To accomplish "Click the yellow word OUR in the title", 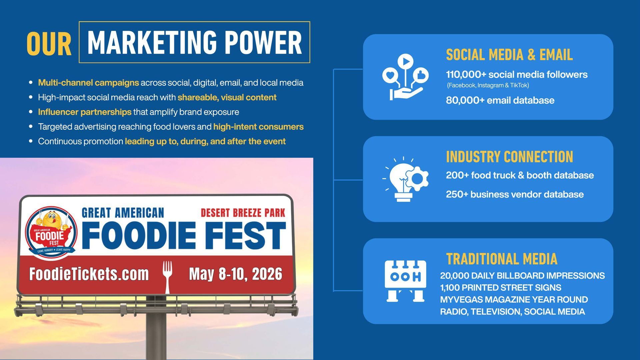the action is click(x=49, y=44).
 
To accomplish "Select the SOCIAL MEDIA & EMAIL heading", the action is click(x=509, y=55).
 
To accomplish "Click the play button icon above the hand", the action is click(x=405, y=61).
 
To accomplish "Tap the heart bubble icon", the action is click(x=390, y=75).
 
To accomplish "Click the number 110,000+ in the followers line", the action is click(x=466, y=74).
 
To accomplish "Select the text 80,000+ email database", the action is click(x=500, y=100).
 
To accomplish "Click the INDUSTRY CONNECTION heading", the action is click(x=509, y=157).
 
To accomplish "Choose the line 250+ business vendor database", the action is click(x=515, y=194).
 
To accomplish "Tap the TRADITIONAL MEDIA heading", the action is click(x=502, y=259).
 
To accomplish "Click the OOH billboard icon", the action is click(x=405, y=281).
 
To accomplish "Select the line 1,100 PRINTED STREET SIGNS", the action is click(x=500, y=288).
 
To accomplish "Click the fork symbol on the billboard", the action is click(x=167, y=277).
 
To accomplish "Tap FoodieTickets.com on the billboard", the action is click(x=89, y=274).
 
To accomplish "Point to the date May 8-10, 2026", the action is click(x=236, y=274).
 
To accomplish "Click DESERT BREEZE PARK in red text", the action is click(x=243, y=213).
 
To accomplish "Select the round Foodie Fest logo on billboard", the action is click(x=51, y=233).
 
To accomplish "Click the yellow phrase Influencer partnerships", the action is click(x=85, y=112).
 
